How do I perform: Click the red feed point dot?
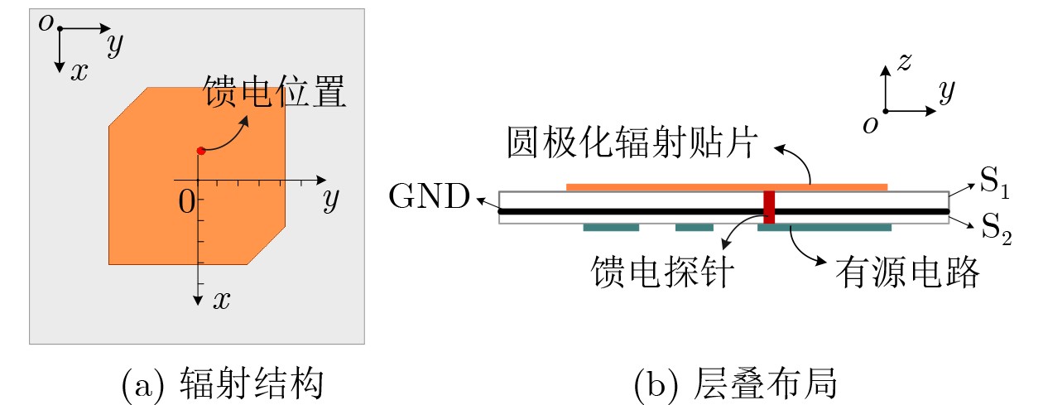[200, 150]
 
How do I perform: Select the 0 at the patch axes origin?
[187, 200]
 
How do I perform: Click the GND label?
[429, 198]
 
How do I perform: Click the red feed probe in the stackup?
[769, 207]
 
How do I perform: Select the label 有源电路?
[907, 271]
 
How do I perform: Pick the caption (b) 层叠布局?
[736, 384]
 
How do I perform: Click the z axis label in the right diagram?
[905, 60]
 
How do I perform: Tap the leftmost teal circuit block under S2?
[611, 227]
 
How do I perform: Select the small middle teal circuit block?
[694, 227]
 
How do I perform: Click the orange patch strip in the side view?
[726, 187]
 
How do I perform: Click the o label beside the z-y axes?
[869, 124]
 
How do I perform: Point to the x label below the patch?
[221, 300]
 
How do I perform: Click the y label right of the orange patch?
[331, 199]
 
